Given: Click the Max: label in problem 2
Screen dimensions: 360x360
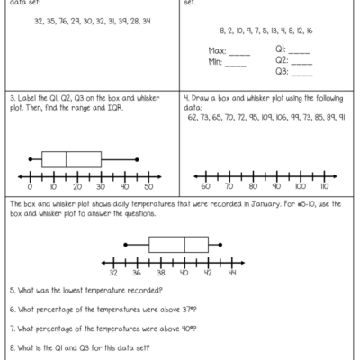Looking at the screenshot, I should pyautogui.click(x=216, y=52).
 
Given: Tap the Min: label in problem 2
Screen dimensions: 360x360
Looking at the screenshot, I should pyautogui.click(x=215, y=64).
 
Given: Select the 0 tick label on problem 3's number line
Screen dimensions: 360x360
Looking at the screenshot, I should pyautogui.click(x=31, y=188).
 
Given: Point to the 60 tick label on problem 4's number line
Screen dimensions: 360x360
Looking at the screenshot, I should pyautogui.click(x=205, y=188).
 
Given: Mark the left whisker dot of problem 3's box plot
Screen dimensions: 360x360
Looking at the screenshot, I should pyautogui.click(x=30, y=159).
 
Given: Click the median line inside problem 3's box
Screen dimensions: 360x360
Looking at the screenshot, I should pyautogui.click(x=67, y=159).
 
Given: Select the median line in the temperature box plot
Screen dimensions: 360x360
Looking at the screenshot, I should pyautogui.click(x=184, y=243).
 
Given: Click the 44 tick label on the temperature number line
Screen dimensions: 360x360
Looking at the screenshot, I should pyautogui.click(x=231, y=271).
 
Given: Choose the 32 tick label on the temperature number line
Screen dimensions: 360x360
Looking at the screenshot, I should pyautogui.click(x=113, y=271).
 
